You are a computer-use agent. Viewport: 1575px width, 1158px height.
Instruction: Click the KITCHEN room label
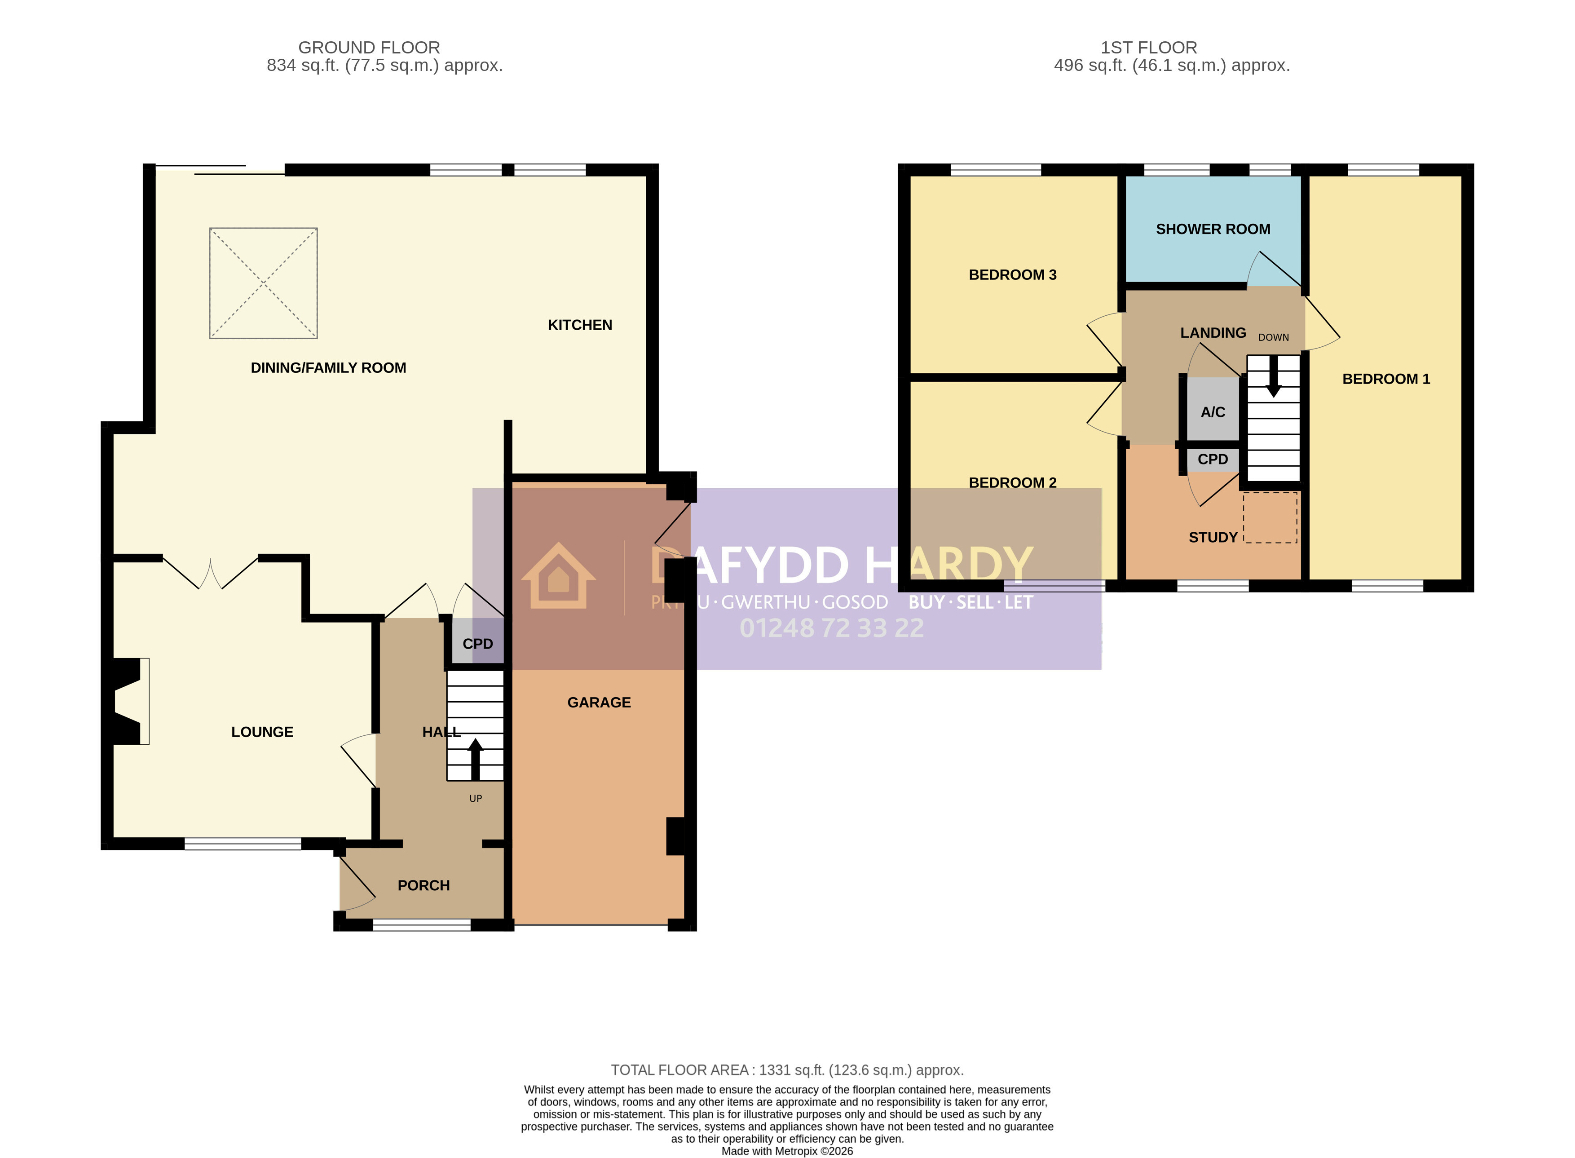point(580,325)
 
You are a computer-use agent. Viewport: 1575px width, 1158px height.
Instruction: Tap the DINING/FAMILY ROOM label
point(328,368)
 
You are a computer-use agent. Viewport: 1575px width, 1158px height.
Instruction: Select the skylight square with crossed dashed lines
point(264,283)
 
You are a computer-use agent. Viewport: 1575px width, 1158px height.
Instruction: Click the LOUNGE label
point(262,732)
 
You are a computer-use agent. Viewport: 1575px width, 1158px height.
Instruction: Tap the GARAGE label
point(599,703)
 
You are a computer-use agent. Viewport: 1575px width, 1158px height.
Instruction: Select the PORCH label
point(424,885)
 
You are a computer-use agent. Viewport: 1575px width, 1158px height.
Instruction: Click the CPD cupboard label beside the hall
point(478,644)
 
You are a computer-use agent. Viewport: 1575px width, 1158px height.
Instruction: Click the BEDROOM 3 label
point(1012,275)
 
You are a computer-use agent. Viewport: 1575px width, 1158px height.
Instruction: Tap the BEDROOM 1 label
point(1386,379)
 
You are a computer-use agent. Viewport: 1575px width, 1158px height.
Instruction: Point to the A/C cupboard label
point(1213,412)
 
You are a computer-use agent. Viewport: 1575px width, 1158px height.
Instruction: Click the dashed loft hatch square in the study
point(1270,517)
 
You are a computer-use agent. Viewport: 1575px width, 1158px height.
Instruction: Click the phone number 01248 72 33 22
point(832,628)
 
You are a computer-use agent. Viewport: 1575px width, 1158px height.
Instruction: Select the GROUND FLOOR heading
point(370,48)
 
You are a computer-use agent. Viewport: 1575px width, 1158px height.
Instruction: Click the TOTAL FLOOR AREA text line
point(787,1070)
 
